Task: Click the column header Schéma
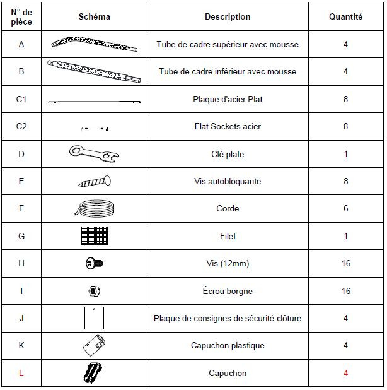[x=95, y=17]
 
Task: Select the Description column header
[x=228, y=17]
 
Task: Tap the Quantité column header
[x=345, y=17]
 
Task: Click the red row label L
[x=21, y=373]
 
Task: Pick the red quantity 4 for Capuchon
[x=345, y=373]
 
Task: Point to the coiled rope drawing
[x=95, y=208]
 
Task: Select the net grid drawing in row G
[x=95, y=236]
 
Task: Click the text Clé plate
[x=228, y=154]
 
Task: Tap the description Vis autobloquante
[x=228, y=182]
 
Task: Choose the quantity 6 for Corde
[x=345, y=209]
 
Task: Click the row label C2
[x=21, y=127]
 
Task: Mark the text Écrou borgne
[x=228, y=291]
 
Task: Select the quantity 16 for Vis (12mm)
[x=345, y=264]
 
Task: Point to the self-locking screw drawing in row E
[x=95, y=182]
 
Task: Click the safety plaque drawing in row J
[x=93, y=317]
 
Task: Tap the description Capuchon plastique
[x=228, y=346]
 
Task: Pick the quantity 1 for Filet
[x=345, y=236]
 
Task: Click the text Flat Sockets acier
[x=228, y=127]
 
